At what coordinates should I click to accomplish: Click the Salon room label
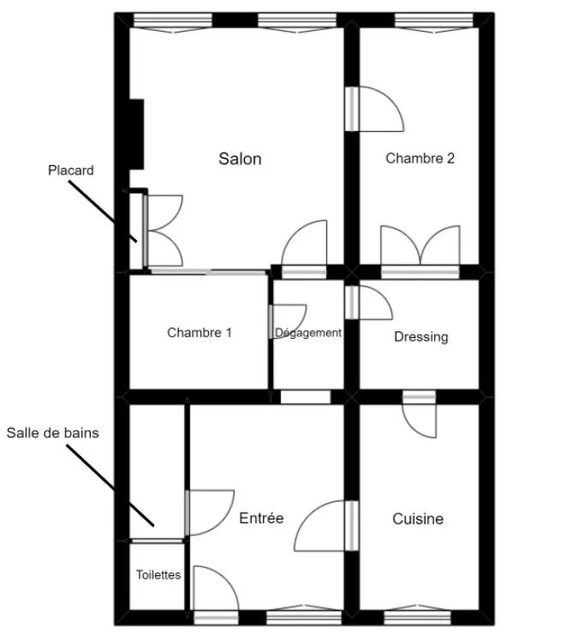click(240, 159)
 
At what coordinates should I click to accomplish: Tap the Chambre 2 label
click(420, 158)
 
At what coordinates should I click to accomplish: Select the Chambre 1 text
click(200, 332)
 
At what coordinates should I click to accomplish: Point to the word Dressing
click(421, 336)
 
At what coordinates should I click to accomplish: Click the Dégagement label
click(308, 332)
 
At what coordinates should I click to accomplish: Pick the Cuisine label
click(418, 519)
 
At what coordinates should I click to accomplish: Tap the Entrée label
click(261, 518)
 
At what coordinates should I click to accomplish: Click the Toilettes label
click(158, 575)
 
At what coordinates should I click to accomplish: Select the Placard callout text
click(71, 170)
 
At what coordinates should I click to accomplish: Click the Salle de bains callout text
click(53, 433)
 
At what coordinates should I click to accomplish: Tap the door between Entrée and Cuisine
click(326, 526)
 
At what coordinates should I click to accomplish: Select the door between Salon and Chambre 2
click(374, 109)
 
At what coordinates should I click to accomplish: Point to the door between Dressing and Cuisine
click(420, 414)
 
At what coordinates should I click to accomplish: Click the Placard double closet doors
click(163, 230)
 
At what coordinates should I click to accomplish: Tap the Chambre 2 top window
click(434, 22)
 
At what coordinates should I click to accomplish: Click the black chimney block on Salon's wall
click(136, 134)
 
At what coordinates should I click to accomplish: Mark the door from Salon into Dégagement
click(304, 249)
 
